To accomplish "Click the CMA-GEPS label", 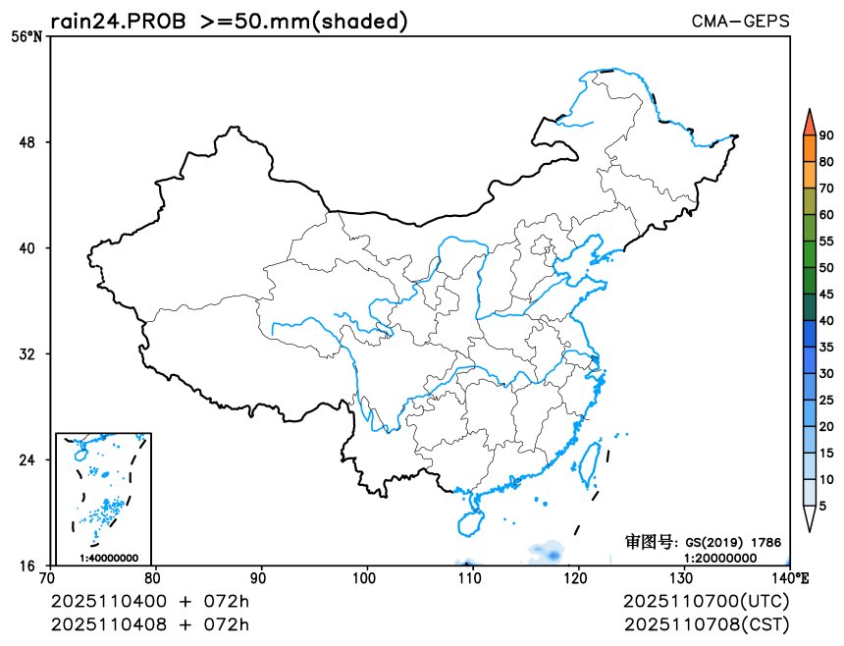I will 740,21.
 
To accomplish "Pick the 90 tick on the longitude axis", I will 260,578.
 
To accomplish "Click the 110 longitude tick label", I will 473,578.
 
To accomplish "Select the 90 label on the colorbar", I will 826,135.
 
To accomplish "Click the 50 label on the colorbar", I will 826,268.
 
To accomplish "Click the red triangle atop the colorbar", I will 809,123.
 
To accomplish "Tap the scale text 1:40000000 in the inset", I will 109,559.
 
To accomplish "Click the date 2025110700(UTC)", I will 706,601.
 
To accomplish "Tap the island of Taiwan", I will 590,464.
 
